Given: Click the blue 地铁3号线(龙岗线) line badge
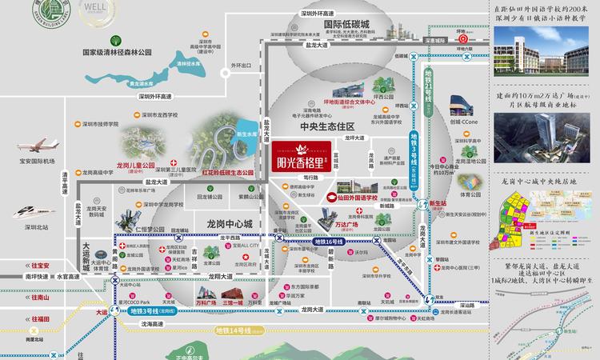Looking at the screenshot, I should coord(152,310).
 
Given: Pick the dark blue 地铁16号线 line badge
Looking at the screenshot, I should coord(328,241).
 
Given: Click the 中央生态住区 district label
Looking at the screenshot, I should coord(327,126).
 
